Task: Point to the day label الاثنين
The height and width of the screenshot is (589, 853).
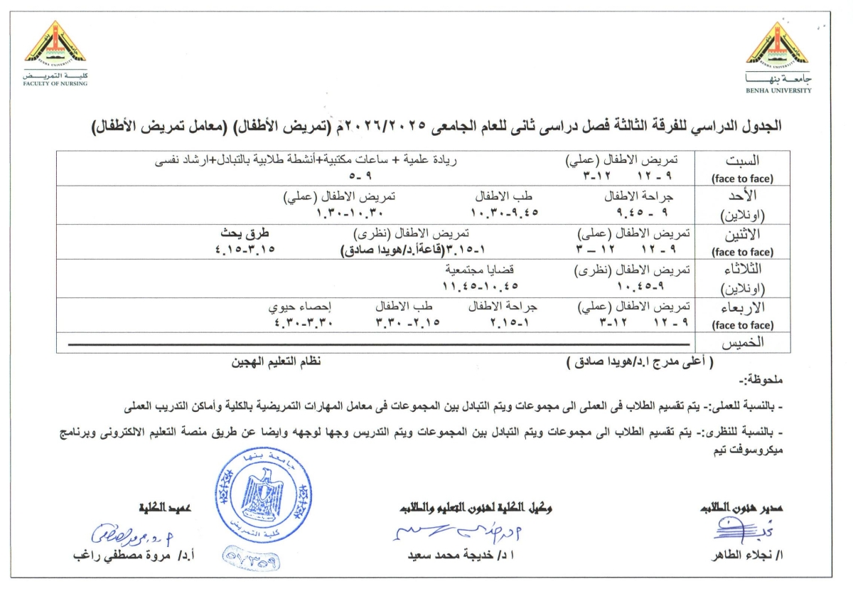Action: pos(744,233)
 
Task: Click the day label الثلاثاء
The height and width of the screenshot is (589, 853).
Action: pos(743,270)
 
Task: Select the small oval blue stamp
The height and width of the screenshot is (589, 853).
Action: pos(253,561)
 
